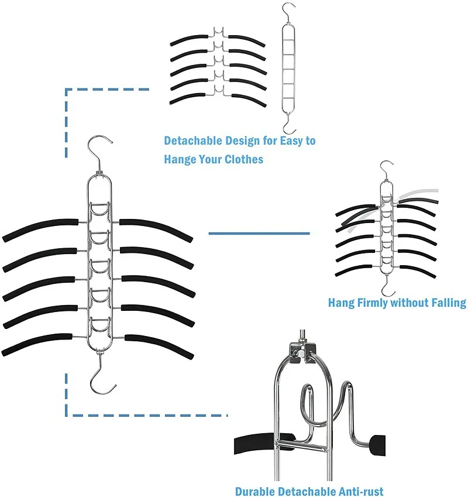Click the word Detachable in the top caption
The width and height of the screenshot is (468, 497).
[192, 141]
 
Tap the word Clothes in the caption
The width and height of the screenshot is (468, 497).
[244, 159]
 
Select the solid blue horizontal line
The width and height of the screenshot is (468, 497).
[259, 234]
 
